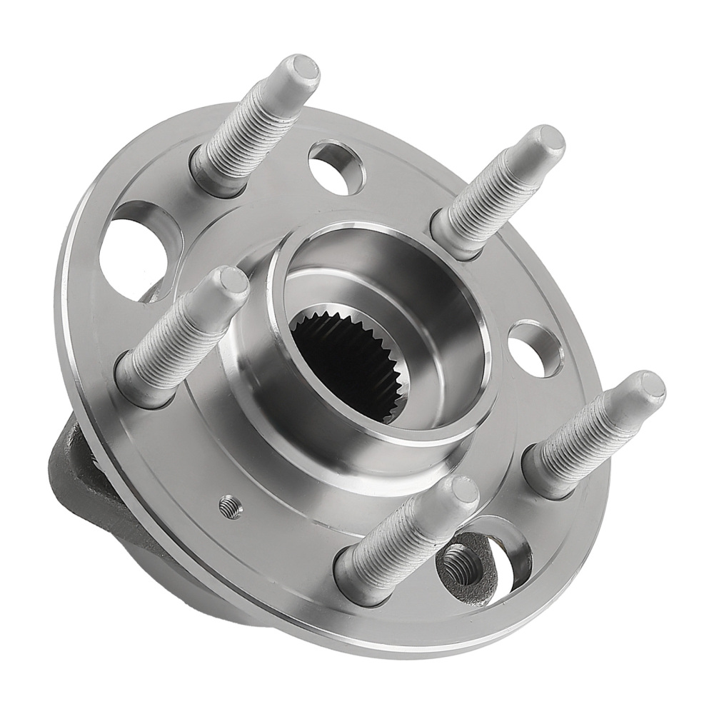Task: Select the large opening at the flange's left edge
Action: (x=132, y=250)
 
